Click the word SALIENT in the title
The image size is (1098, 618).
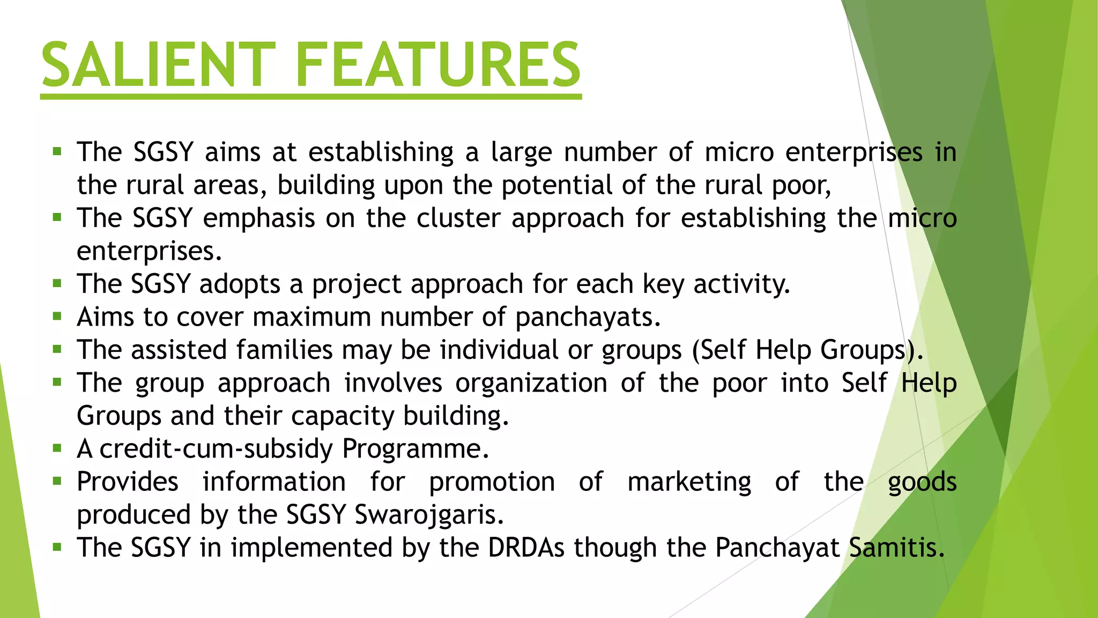tap(158, 65)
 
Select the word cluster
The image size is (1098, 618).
tap(458, 218)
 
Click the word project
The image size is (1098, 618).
tap(357, 284)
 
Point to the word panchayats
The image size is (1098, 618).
tap(587, 318)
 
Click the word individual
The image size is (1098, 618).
tap(499, 350)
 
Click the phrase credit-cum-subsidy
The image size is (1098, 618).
tap(216, 448)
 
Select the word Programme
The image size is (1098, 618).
tap(415, 449)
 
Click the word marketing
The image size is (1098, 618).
tap(689, 482)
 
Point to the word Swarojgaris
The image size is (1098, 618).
tap(429, 515)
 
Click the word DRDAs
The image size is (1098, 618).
tap(526, 548)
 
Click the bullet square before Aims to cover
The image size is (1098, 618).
tap(57, 317)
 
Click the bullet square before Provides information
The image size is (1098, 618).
tap(57, 481)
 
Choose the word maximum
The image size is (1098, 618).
tap(311, 317)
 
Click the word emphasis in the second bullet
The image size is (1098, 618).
tap(259, 219)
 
